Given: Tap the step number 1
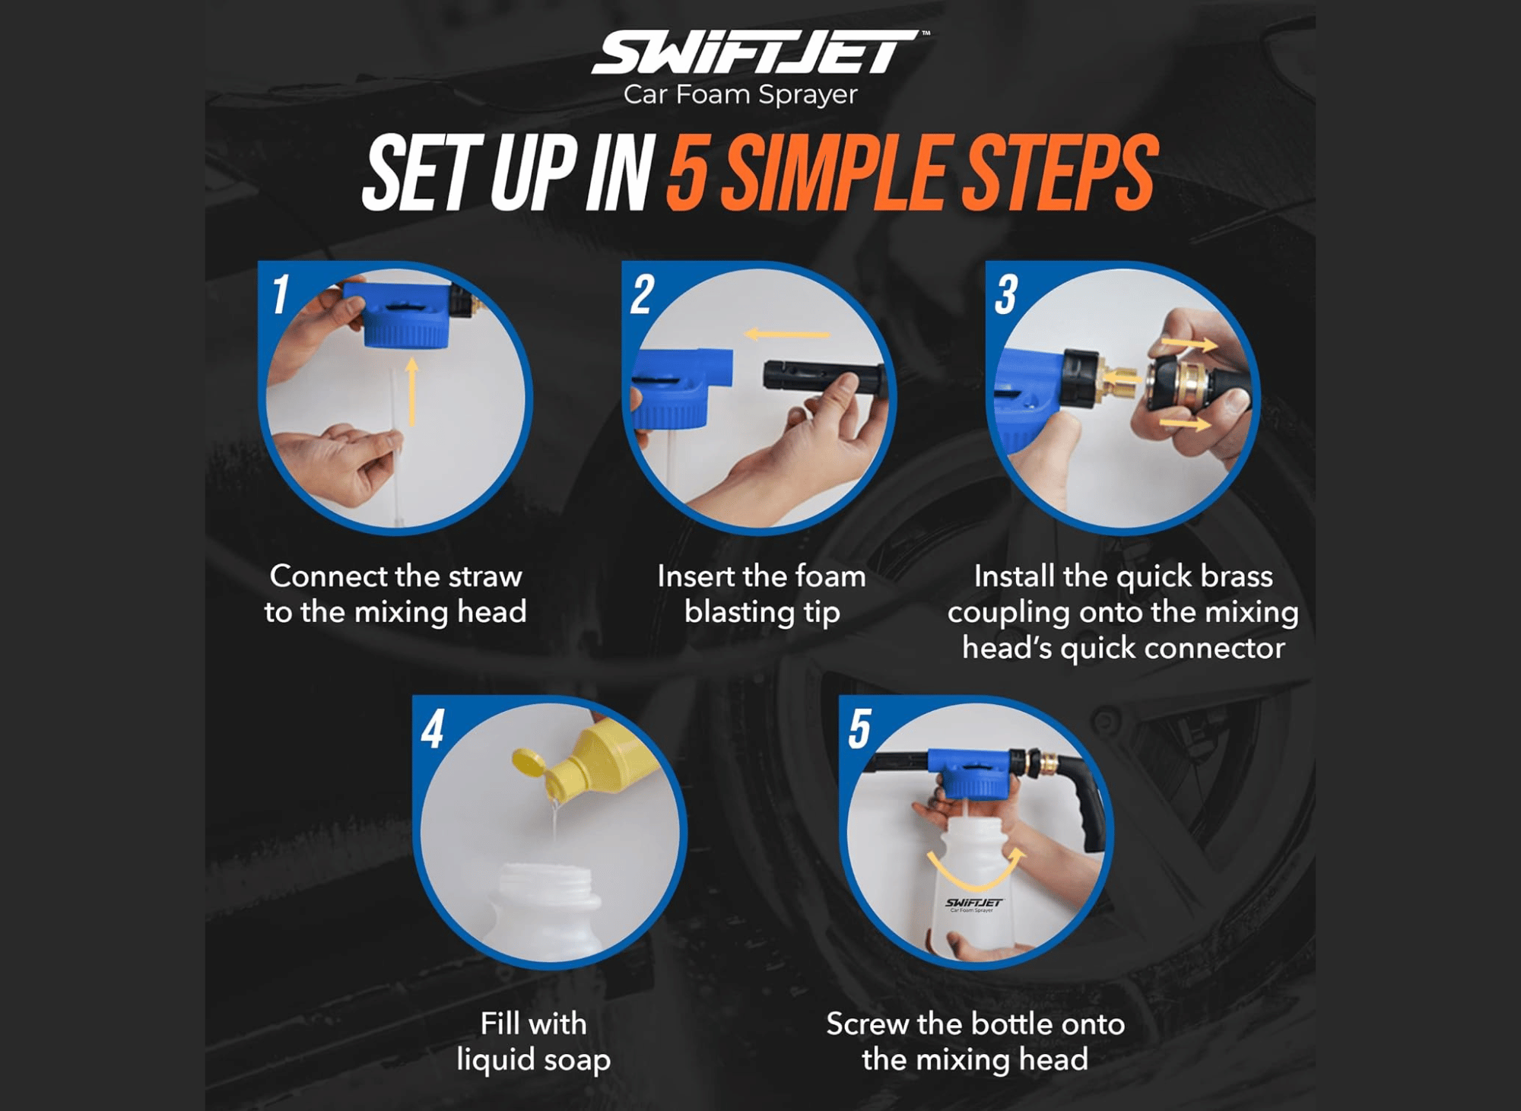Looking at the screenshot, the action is (x=281, y=294).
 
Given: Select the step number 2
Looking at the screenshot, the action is (x=642, y=294).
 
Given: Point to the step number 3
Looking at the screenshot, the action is (x=1006, y=294).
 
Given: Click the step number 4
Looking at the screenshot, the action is (x=433, y=729).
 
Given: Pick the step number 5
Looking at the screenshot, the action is (x=859, y=729).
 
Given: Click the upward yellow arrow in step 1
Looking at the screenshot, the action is (x=411, y=392).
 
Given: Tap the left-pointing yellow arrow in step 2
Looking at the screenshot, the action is (x=787, y=334).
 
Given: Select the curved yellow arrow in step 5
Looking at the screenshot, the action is (x=976, y=875).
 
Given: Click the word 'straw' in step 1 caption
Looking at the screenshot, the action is (x=484, y=576).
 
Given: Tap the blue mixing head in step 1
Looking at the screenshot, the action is (x=405, y=314).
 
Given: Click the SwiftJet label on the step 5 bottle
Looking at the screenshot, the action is (x=974, y=904).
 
